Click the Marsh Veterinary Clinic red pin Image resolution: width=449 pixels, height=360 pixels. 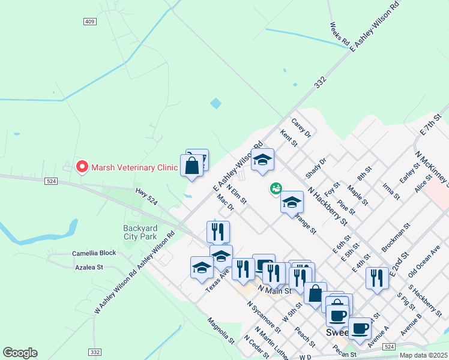[x=82, y=167]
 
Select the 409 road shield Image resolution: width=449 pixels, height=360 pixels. [x=90, y=22]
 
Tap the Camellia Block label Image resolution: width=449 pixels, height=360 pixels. [x=94, y=253]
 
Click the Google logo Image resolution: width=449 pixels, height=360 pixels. [x=20, y=353]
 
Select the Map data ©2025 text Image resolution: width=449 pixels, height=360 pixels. [x=415, y=355]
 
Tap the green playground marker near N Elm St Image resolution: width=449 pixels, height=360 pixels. [x=276, y=189]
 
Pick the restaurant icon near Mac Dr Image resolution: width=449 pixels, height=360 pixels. [x=218, y=232]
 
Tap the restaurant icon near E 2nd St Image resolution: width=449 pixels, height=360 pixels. [x=377, y=278]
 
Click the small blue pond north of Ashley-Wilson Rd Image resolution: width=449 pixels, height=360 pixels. [x=215, y=103]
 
